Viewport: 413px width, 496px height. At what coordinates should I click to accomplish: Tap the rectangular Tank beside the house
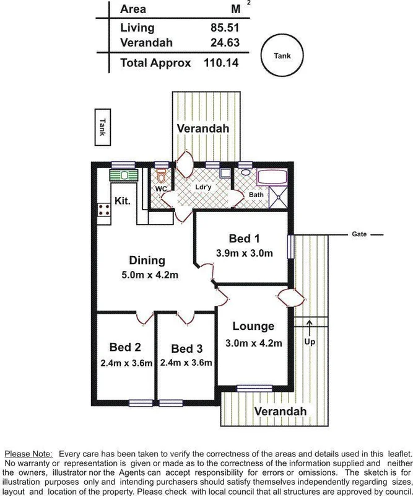(103, 128)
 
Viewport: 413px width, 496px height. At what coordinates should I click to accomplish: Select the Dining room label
(147, 260)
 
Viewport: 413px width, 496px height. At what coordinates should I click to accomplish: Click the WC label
(160, 188)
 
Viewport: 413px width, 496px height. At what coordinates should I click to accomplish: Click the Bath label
(256, 195)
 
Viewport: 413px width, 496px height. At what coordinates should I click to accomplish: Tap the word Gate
(359, 234)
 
